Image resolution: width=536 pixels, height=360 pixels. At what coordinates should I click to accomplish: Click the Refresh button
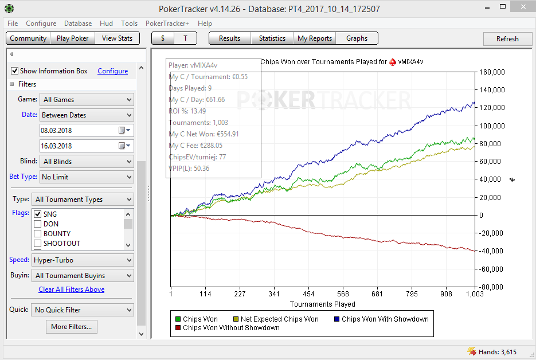coord(507,39)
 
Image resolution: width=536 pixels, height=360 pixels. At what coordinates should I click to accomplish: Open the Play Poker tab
coord(73,38)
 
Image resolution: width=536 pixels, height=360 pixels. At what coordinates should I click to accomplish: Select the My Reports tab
coord(315,38)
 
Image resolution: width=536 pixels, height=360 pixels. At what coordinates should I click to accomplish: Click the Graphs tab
coord(357,38)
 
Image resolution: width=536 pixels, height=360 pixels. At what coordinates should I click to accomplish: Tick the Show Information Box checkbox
coord(15,71)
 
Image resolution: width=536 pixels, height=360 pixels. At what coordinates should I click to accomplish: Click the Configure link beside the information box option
coord(112,71)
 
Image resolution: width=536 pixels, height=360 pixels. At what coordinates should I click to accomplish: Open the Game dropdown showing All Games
coord(86,100)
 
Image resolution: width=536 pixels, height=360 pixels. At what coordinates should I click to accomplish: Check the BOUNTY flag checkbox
coord(38,234)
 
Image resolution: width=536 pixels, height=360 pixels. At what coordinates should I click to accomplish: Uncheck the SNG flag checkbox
coord(38,214)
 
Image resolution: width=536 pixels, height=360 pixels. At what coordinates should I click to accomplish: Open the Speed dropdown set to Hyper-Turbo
coord(83,260)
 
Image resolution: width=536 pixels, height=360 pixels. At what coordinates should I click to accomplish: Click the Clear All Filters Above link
coord(71,289)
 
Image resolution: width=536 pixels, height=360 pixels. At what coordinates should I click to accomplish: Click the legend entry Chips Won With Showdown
coord(385,319)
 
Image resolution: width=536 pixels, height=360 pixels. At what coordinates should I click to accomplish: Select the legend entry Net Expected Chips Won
coord(279,319)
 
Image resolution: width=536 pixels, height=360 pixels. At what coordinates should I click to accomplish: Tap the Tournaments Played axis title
coord(322,304)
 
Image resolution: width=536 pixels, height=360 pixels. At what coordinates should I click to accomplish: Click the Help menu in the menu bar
coord(205,24)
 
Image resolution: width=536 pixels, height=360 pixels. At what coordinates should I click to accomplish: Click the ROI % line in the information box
coord(187,111)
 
